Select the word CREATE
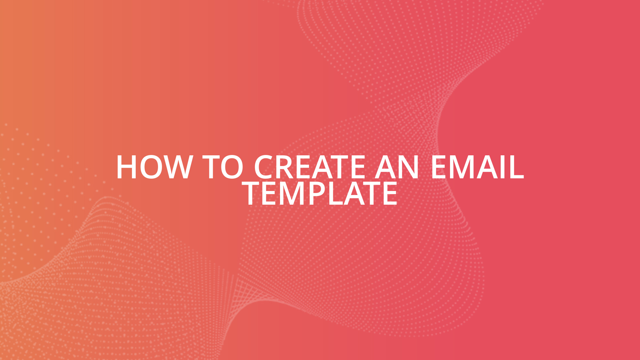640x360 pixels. (x=310, y=167)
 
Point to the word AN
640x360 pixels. (x=397, y=167)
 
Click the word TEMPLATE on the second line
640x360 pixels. (x=320, y=194)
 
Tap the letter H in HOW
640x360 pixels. (x=127, y=167)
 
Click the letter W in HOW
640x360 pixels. (x=176, y=167)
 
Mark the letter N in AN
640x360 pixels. (x=409, y=167)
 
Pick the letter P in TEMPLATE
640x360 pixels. (x=318, y=194)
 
